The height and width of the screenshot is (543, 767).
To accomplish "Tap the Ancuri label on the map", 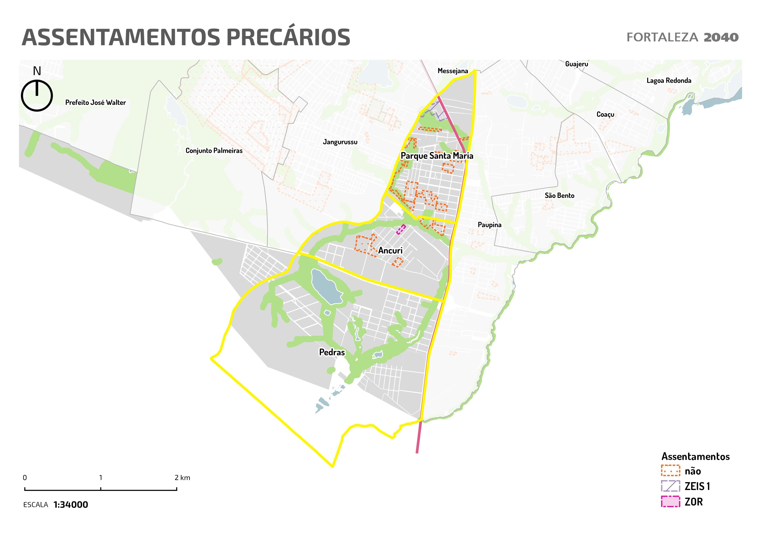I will tap(390, 250).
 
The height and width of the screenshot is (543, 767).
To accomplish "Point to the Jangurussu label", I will tap(340, 142).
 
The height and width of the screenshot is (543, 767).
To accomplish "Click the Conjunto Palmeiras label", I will tap(214, 151).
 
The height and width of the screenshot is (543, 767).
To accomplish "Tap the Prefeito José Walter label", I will tap(96, 103).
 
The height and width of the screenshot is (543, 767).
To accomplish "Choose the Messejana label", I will tap(453, 71).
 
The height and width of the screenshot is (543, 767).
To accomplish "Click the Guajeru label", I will tap(577, 64).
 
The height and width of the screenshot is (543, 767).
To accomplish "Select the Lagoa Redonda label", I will tap(669, 81).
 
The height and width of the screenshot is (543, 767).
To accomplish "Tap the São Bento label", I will tap(559, 196).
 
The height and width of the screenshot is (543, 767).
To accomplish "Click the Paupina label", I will tap(489, 225).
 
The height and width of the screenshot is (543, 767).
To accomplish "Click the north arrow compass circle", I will tap(37, 96).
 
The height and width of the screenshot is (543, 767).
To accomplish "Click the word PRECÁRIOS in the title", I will tap(288, 37).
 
